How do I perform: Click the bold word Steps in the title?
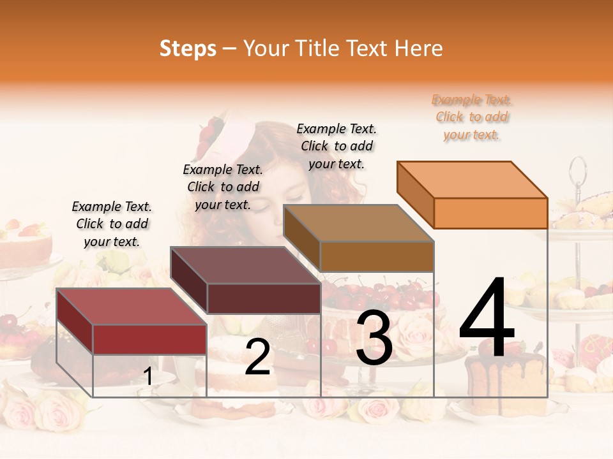click(x=188, y=48)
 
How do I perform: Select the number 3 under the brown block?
click(x=374, y=339)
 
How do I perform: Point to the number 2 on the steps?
click(x=257, y=357)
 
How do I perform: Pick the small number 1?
click(x=148, y=377)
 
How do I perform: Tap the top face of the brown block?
click(x=359, y=223)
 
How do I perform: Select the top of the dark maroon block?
click(x=246, y=265)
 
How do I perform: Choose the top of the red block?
click(x=132, y=307)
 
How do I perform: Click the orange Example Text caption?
click(x=471, y=117)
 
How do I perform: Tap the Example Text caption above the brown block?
click(x=337, y=147)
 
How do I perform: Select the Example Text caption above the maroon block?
click(x=223, y=187)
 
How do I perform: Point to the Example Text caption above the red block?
click(x=112, y=224)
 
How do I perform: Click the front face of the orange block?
click(x=490, y=213)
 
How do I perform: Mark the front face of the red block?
click(x=149, y=339)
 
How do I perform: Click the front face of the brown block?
click(x=377, y=256)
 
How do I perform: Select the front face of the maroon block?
click(x=264, y=298)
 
